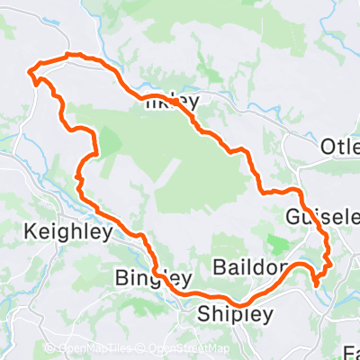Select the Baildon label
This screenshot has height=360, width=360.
251,268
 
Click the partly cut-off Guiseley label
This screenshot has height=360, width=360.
321,218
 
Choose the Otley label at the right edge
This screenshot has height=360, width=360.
340,148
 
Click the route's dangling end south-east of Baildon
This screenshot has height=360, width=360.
317,284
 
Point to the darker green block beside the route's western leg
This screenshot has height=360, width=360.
109,140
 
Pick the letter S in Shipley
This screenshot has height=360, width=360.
203,314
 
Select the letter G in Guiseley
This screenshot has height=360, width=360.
292,218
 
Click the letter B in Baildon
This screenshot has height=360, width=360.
220,268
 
